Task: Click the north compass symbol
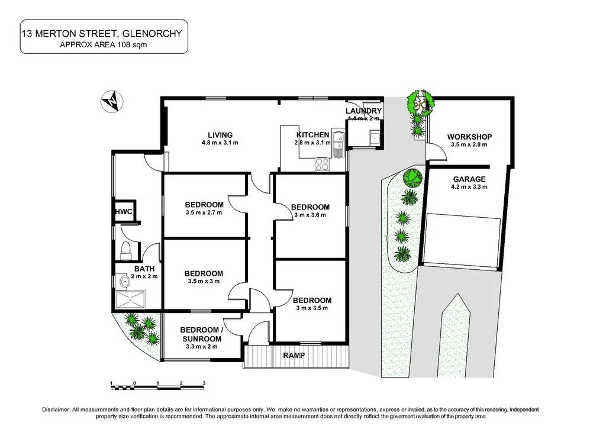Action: coord(110,102)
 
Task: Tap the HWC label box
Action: coord(123,212)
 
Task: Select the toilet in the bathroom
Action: coord(125,250)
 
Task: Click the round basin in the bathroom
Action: coord(122,280)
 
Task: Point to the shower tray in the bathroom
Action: coord(130,301)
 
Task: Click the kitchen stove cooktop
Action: coord(323,164)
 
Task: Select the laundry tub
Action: coord(375,138)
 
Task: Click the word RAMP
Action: coord(294,356)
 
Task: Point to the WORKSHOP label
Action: coord(470,137)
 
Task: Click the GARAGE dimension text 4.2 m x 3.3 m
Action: coord(469,187)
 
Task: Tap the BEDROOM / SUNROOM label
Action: coord(201,334)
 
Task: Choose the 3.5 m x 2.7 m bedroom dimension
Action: coord(204,213)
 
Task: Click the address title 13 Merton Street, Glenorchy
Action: coord(104,33)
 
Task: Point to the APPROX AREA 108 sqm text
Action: coord(104,44)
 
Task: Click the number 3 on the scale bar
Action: coord(204,383)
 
